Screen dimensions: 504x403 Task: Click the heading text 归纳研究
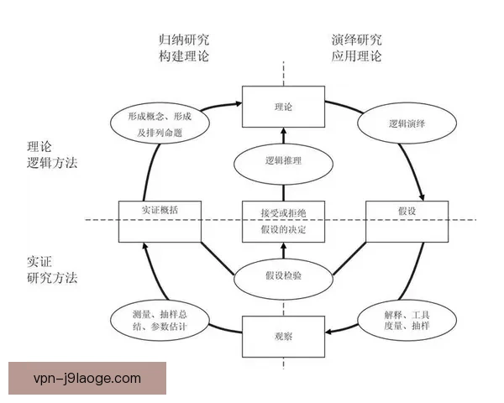(184, 39)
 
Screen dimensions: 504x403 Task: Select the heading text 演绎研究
(356, 39)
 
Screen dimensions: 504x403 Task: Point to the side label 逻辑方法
(52, 163)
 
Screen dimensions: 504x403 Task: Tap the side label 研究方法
(52, 278)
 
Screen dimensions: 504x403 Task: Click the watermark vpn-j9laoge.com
(87, 379)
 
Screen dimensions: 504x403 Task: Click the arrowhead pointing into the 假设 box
(422, 197)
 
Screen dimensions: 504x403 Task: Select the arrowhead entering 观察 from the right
(328, 332)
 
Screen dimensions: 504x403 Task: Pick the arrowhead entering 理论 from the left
(239, 103)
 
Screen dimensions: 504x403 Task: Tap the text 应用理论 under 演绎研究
(356, 56)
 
